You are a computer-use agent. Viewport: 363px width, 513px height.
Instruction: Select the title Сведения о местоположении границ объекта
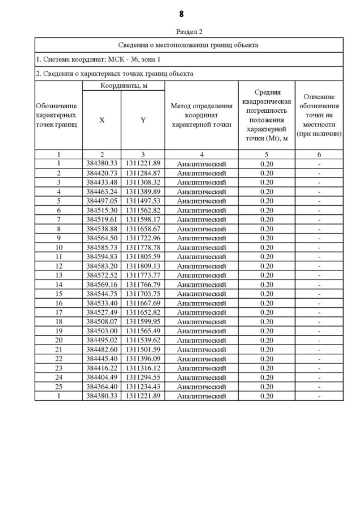189,45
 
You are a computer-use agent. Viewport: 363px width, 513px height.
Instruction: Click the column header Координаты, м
123,86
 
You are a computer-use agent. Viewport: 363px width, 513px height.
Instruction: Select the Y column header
143,120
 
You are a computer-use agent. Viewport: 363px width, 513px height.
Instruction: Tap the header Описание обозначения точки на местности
320,116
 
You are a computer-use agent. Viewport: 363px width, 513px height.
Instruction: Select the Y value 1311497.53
143,201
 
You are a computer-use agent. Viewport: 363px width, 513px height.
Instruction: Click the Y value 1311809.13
143,265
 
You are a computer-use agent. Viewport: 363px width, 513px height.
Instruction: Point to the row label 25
58,387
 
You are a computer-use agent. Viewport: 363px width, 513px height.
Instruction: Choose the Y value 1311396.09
143,359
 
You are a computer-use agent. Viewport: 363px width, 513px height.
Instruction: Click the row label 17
58,312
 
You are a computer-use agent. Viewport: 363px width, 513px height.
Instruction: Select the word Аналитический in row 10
201,247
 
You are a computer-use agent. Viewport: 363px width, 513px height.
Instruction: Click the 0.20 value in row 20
267,340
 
